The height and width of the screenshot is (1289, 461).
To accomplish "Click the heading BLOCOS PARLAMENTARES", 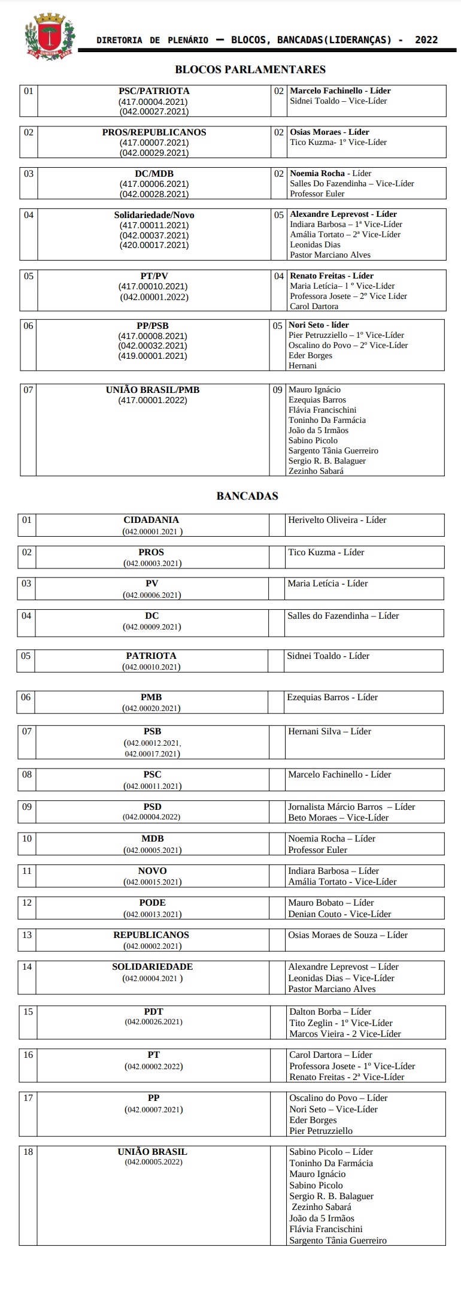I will click(x=250, y=69).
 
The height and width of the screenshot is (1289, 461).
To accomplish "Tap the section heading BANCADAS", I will click(x=247, y=496).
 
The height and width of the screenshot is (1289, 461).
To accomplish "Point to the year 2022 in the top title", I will click(x=426, y=40).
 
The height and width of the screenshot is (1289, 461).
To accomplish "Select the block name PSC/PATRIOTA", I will click(x=154, y=91).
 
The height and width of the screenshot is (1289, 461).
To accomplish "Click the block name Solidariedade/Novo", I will click(x=154, y=215).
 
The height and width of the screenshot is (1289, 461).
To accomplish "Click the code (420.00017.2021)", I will click(x=154, y=245).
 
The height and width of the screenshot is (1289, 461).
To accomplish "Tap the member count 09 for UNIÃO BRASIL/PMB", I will click(x=277, y=390).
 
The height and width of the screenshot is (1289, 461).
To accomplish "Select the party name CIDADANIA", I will click(x=151, y=520).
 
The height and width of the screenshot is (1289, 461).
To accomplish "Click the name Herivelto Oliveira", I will click(x=323, y=520).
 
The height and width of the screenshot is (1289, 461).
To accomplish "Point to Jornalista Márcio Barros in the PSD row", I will click(x=335, y=807).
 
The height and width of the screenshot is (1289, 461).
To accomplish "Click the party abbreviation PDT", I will click(x=153, y=1012).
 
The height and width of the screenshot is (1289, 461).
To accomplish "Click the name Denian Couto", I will click(x=315, y=914).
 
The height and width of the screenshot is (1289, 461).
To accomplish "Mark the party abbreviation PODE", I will click(x=152, y=903).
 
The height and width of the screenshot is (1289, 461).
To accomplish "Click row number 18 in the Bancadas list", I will click(x=28, y=1152).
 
